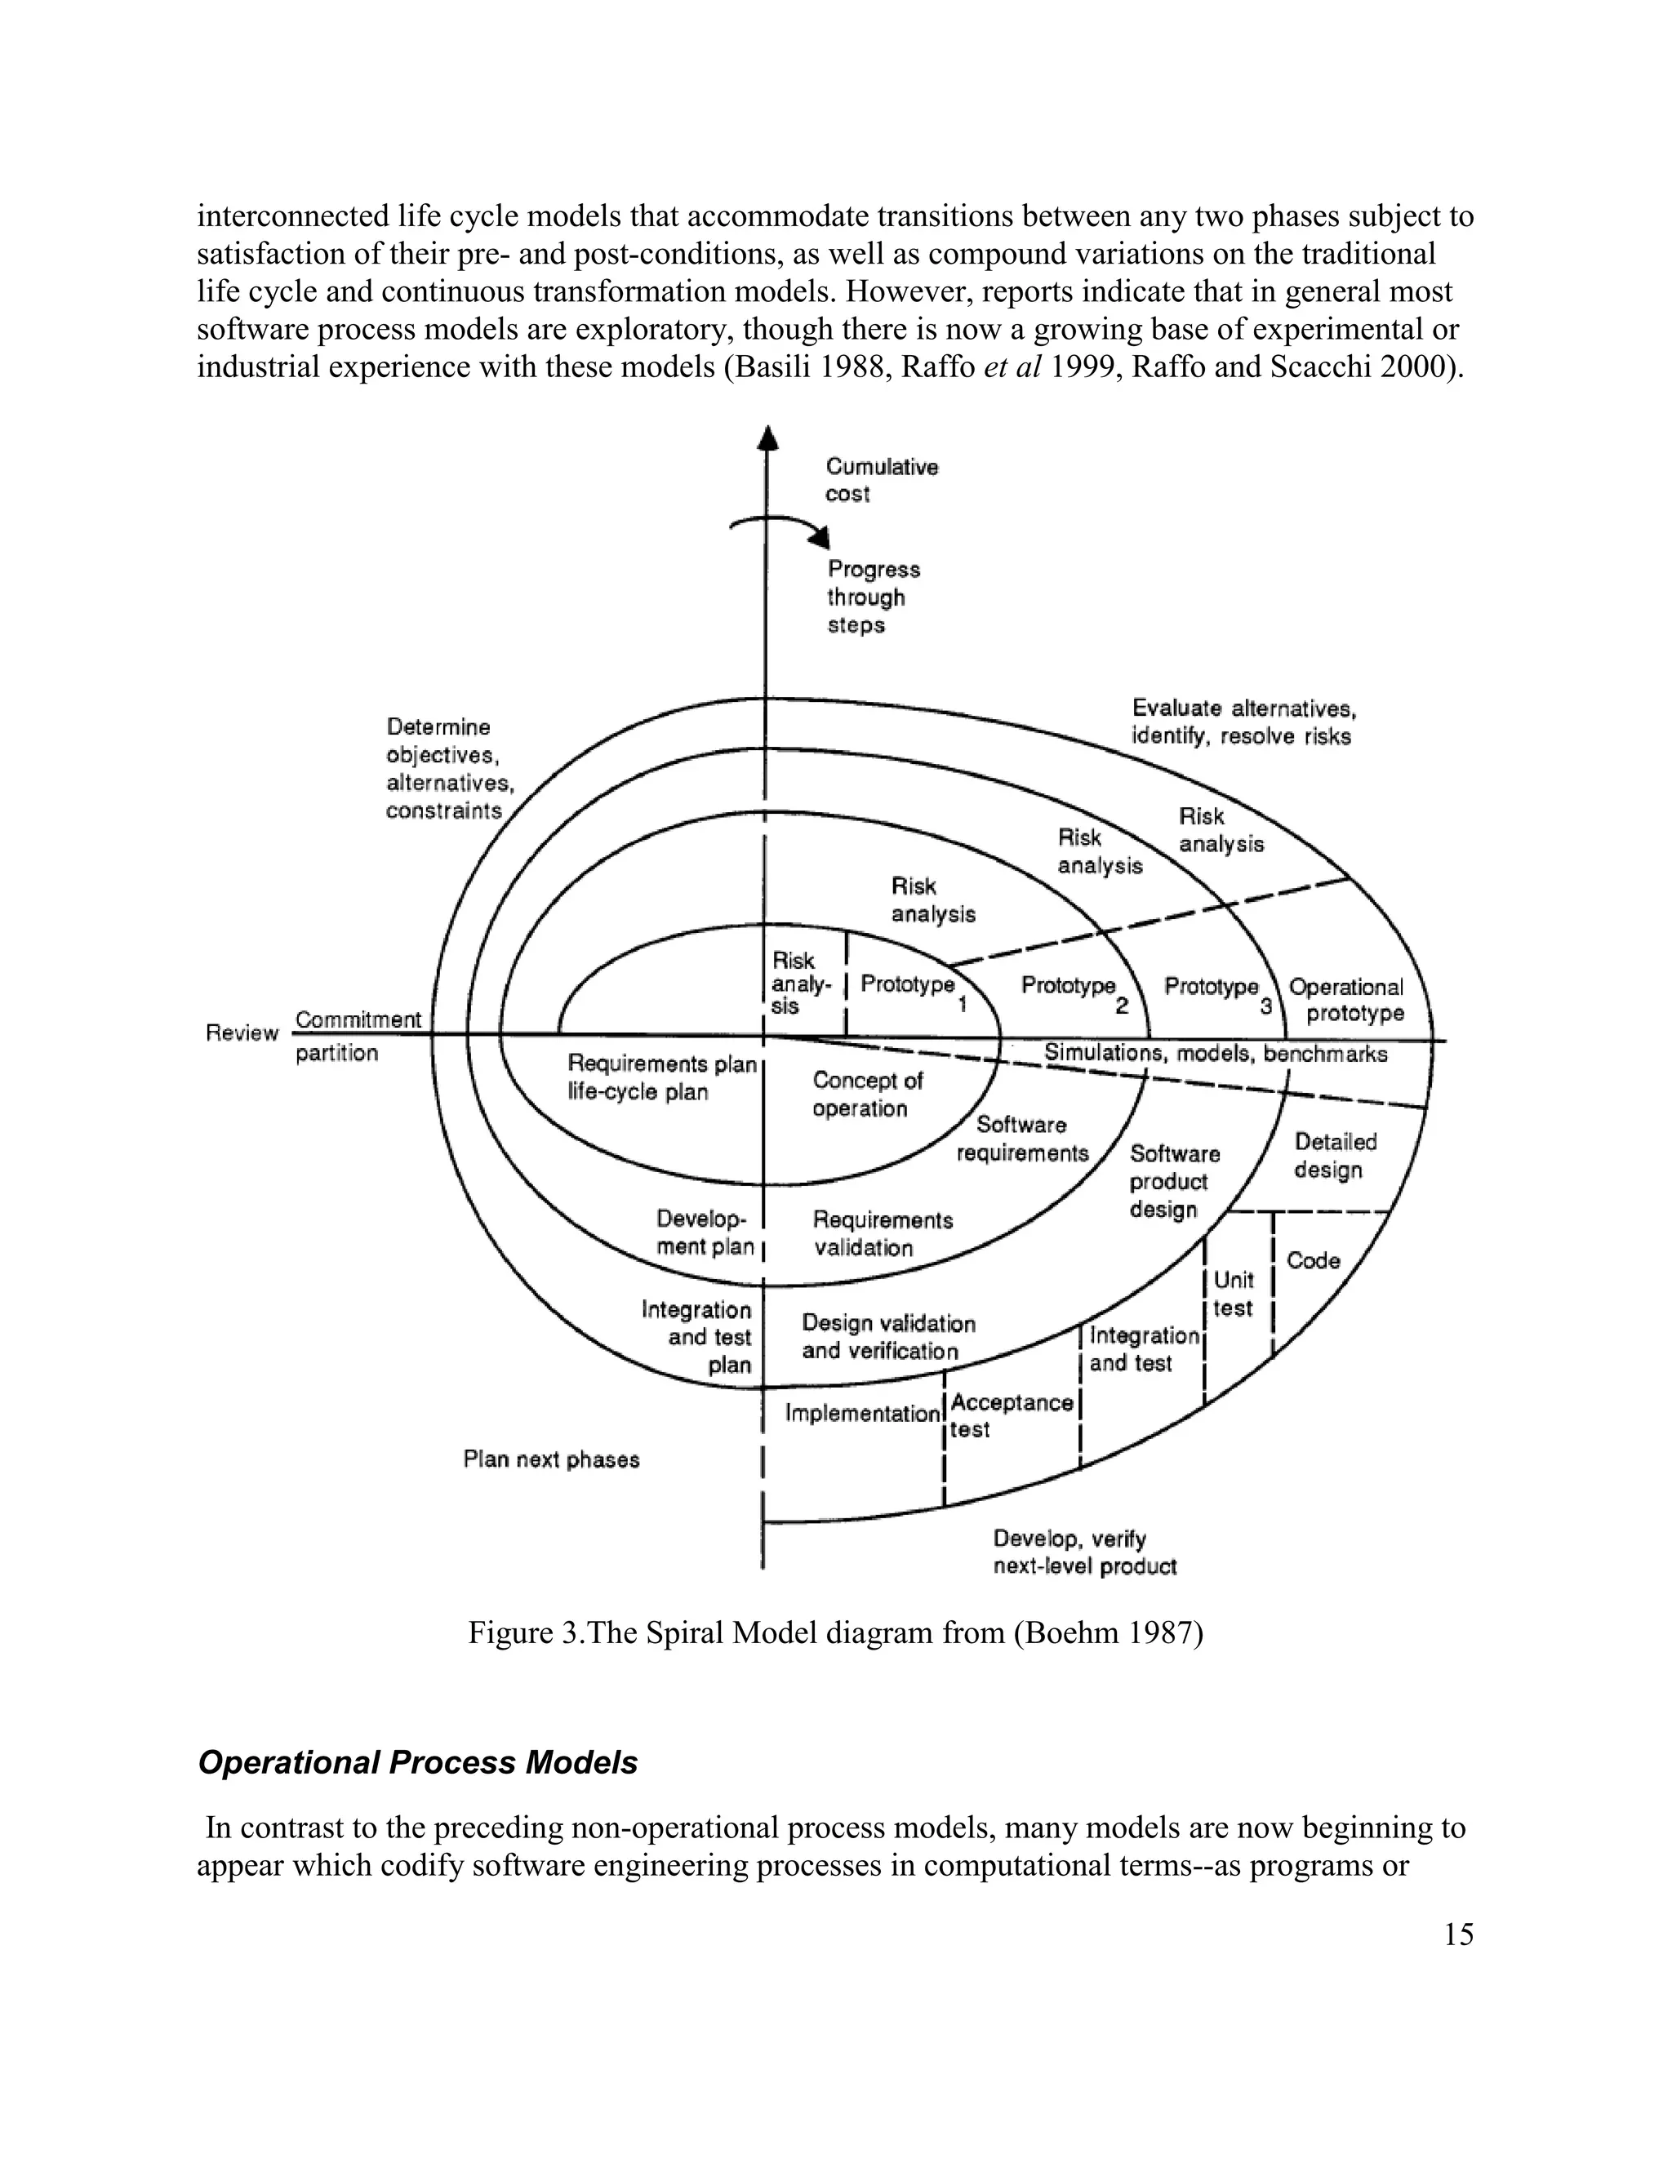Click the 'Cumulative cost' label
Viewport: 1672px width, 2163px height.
pos(882,480)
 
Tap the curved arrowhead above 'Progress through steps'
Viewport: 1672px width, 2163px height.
pos(820,538)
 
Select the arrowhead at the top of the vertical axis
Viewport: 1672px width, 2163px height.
pos(767,437)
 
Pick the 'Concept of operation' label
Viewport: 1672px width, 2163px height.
pos(867,1095)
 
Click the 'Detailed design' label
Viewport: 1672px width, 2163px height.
pos(1334,1156)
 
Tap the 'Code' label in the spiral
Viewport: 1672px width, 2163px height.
pos(1313,1261)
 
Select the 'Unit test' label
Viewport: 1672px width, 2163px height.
pos(1234,1295)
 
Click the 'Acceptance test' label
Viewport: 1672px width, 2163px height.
pos(1011,1416)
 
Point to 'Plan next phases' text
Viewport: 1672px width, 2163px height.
pos(551,1460)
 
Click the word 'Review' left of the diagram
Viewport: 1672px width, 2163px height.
pos(242,1033)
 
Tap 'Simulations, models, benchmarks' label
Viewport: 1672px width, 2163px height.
pos(1216,1054)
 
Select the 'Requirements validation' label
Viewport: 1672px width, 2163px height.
pos(882,1234)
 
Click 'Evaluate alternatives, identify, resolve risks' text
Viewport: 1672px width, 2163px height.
pos(1243,722)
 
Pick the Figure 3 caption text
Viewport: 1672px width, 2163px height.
pos(835,1632)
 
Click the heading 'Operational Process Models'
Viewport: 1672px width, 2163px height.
pos(417,1763)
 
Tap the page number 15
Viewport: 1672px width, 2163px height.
pos(1458,1934)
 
